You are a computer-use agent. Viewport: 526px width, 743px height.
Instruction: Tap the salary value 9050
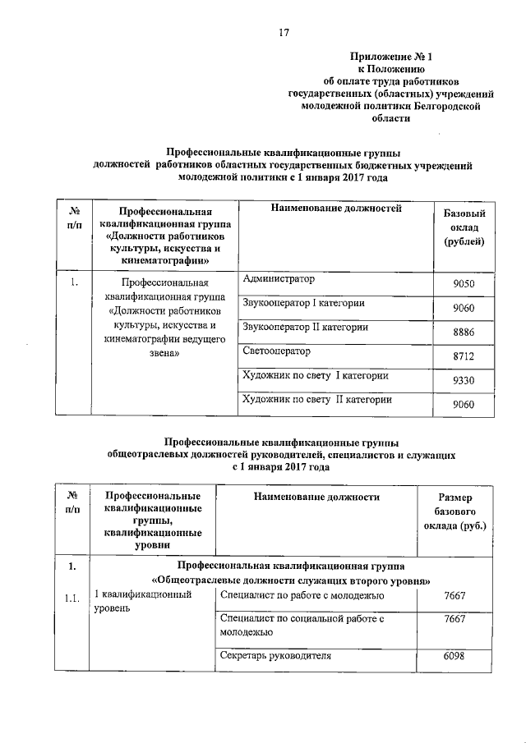point(464,285)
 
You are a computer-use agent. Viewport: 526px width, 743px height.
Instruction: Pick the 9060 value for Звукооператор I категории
point(464,309)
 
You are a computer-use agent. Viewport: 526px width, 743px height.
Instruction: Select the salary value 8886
point(464,333)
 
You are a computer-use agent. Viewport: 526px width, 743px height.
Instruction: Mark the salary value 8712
point(464,356)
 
